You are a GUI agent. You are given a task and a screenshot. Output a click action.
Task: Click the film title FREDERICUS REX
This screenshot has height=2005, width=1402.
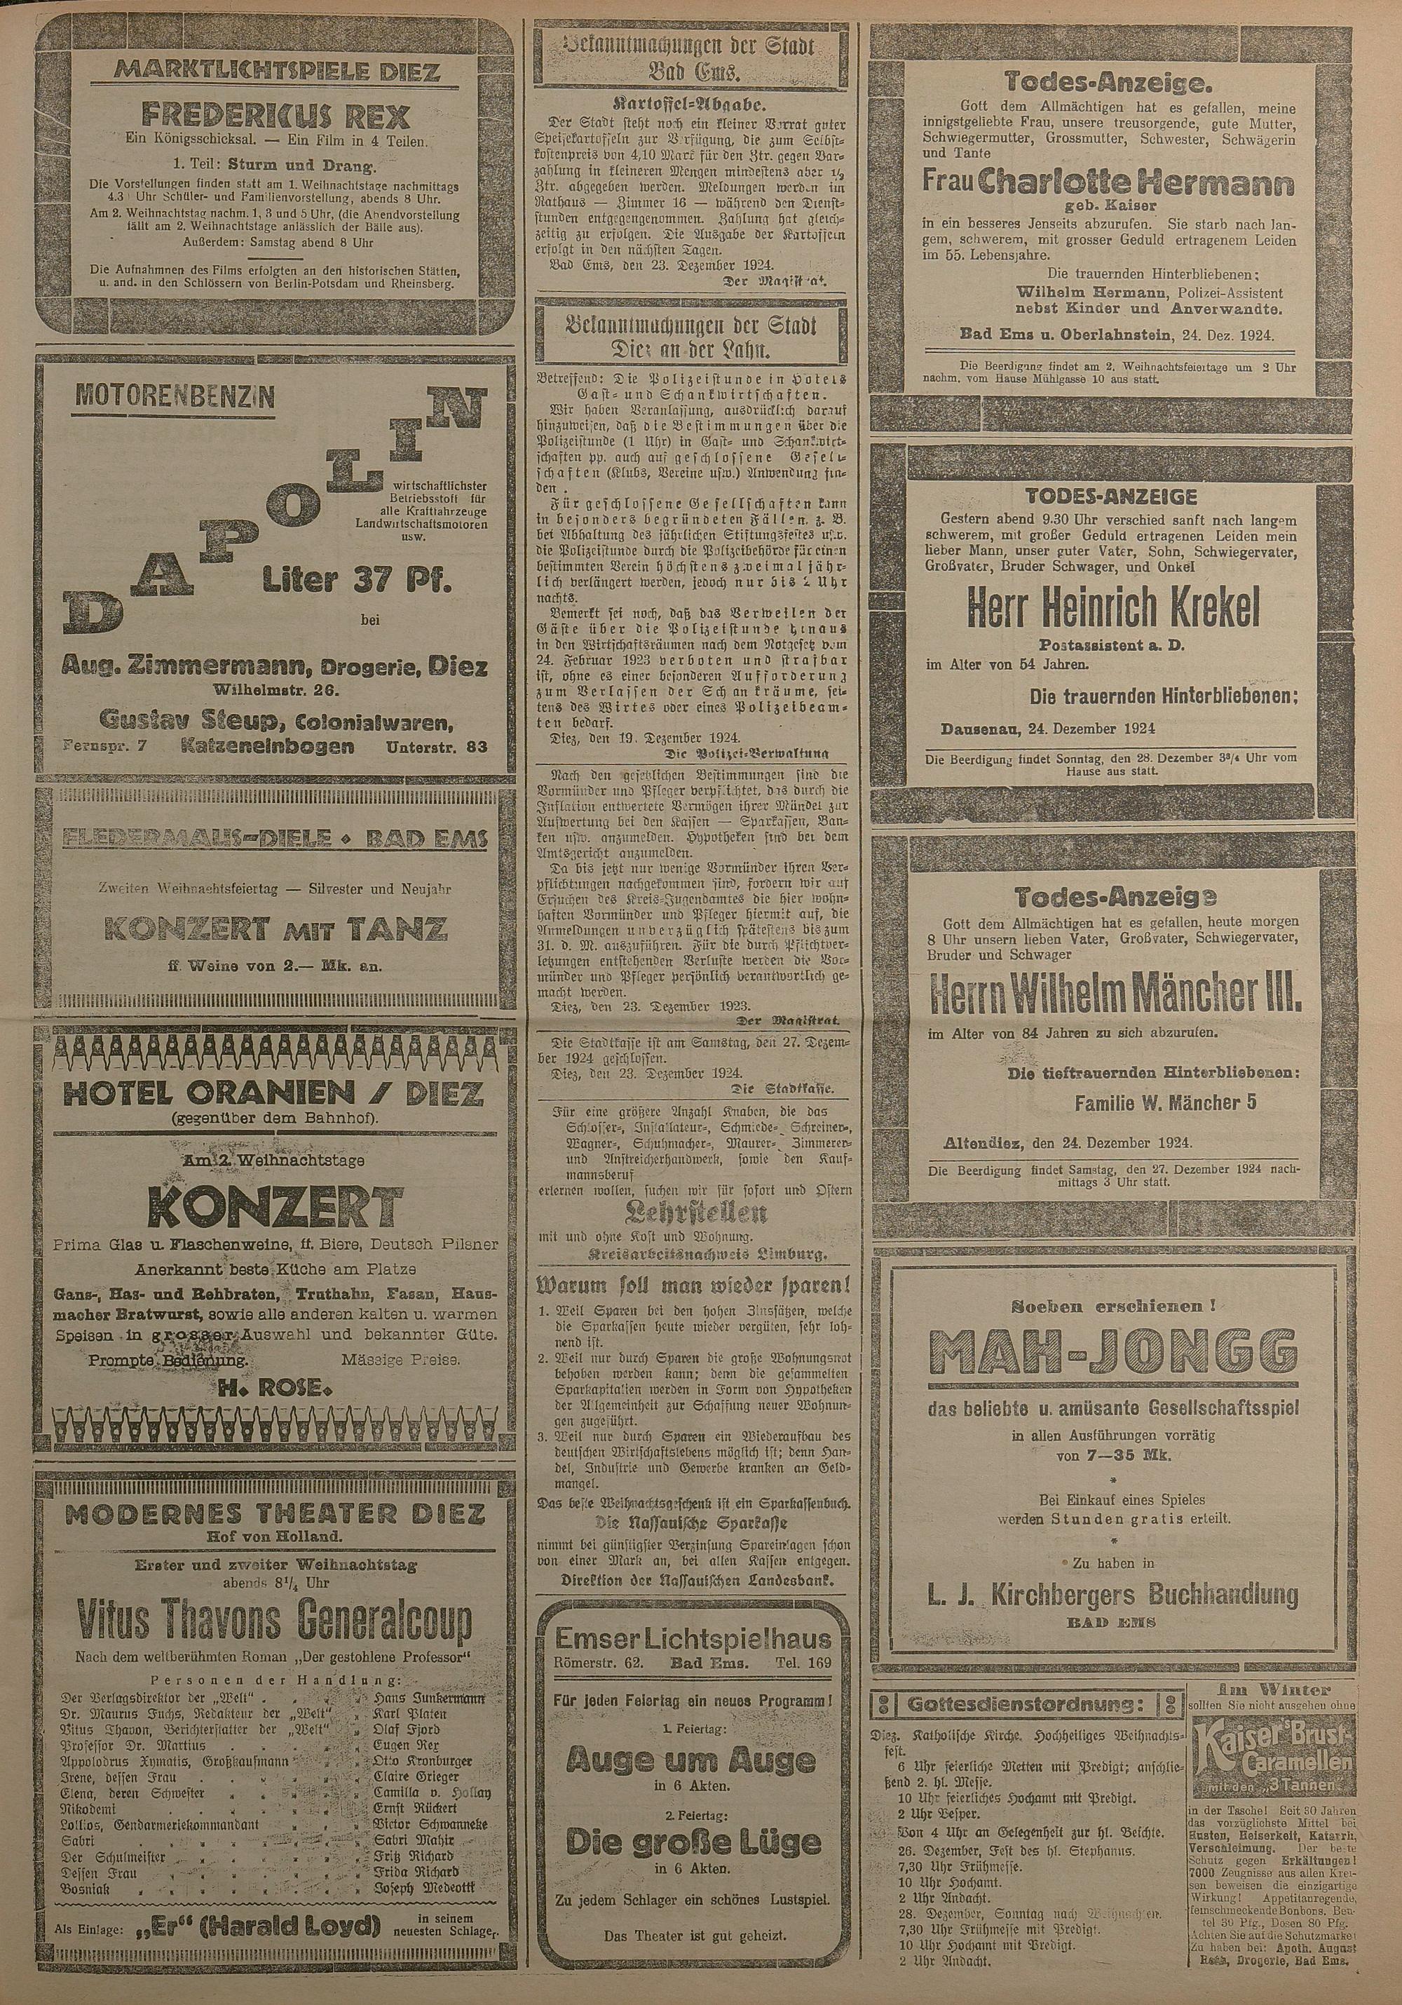tap(275, 116)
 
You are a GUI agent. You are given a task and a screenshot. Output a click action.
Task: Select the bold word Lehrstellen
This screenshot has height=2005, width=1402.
tap(690, 1213)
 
